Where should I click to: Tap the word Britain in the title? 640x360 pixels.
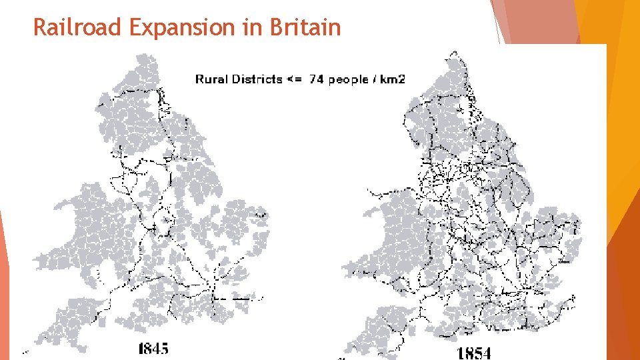coord(306,28)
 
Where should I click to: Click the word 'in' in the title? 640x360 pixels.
coord(257,28)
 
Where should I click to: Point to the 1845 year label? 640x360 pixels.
coord(153,348)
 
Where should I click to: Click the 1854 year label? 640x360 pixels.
coord(474,352)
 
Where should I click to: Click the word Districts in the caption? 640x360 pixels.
coord(257,79)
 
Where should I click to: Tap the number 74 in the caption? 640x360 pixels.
coord(316,79)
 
